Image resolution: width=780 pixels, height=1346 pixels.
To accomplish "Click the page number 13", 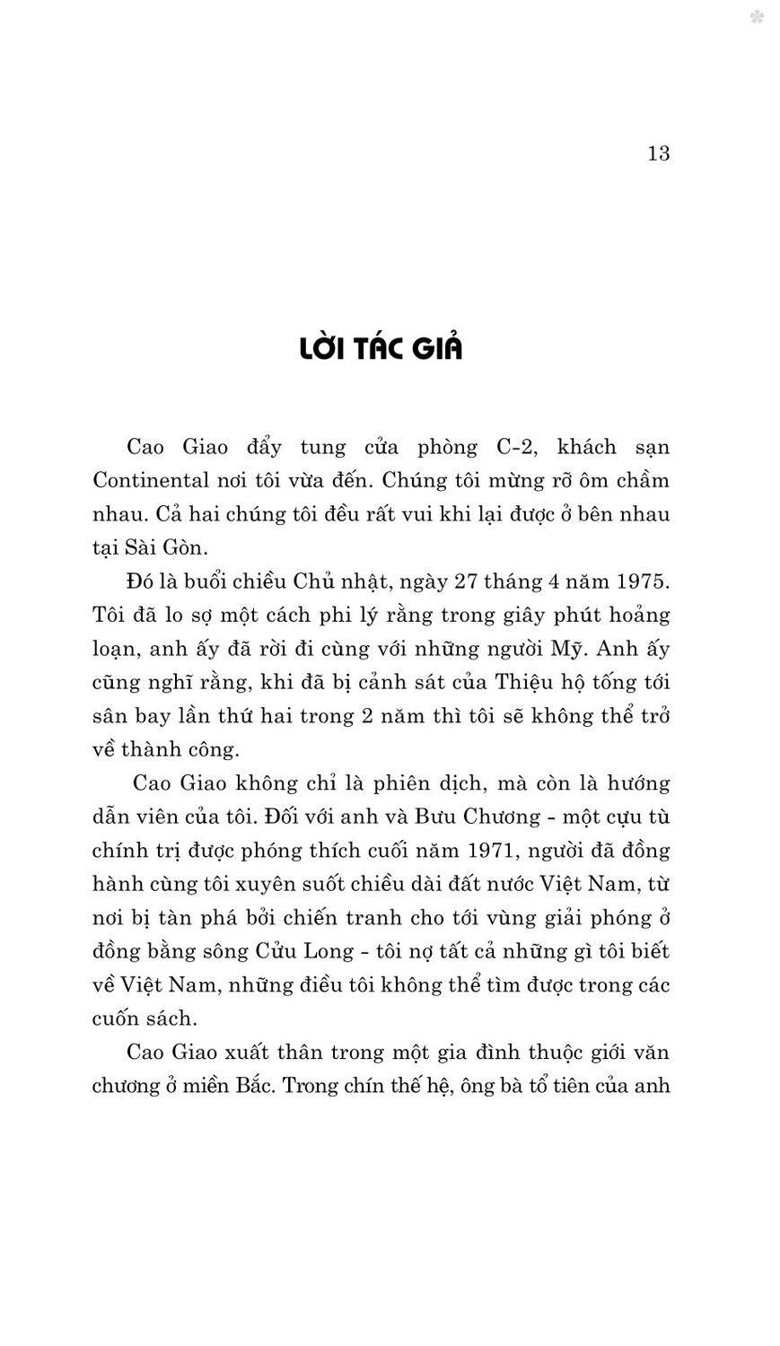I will [658, 153].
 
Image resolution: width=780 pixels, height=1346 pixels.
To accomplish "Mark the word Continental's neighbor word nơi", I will [258, 480].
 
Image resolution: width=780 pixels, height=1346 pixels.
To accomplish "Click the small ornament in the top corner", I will [757, 17].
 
